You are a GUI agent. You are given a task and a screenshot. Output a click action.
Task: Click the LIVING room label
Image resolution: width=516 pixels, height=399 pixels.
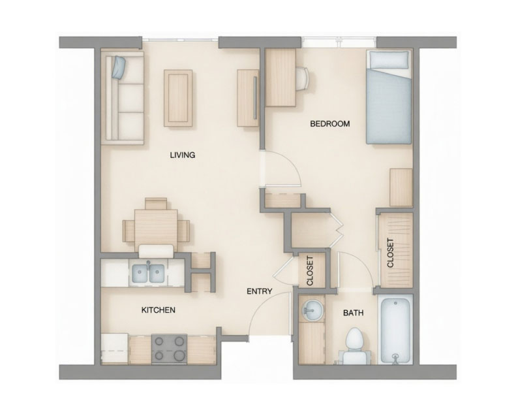pos(183,155)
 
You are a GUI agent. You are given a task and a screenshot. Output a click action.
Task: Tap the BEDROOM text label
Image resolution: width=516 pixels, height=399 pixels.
pos(329,123)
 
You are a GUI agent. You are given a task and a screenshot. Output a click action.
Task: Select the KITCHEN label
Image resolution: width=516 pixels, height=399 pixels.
pos(158,310)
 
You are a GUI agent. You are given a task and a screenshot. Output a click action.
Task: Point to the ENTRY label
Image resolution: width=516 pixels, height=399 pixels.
pos(259,291)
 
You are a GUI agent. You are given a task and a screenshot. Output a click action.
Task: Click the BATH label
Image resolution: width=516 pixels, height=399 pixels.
pos(353,313)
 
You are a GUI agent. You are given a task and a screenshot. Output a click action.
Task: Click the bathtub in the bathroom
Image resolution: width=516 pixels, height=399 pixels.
pos(396,330)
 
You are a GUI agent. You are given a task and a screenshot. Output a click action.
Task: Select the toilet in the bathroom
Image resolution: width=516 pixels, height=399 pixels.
pos(354,343)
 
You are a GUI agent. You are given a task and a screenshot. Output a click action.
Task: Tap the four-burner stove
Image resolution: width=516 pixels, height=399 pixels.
pos(169,348)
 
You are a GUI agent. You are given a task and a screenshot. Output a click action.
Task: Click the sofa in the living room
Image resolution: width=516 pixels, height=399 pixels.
pos(123,98)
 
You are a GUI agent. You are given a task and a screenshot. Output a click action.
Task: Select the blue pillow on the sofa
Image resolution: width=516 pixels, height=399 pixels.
pos(119,66)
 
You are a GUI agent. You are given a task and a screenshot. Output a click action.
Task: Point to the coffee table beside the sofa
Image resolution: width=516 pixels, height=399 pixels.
pos(178,97)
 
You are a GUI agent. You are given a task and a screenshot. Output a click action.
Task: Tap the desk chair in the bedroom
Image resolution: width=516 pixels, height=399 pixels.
pos(303,78)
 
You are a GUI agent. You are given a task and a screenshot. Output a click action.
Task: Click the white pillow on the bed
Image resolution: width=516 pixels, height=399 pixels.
pos(389,59)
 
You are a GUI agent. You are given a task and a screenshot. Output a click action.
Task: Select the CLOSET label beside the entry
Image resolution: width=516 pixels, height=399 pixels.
pos(311,270)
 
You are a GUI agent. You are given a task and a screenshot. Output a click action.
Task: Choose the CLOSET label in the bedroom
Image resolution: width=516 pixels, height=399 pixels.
pos(390,253)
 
